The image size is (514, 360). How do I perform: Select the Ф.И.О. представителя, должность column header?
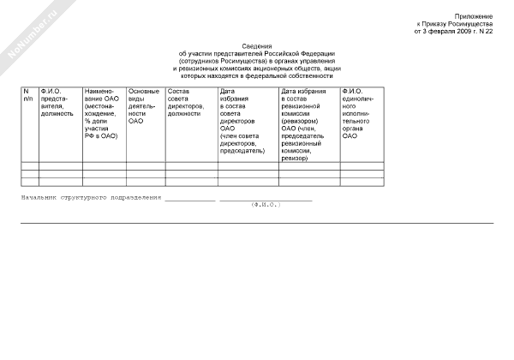tap(58, 102)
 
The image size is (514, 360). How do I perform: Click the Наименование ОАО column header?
tap(103, 113)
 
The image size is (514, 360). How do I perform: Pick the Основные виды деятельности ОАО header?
tap(143, 105)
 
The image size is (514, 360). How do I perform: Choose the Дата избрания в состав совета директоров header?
tap(242, 121)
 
